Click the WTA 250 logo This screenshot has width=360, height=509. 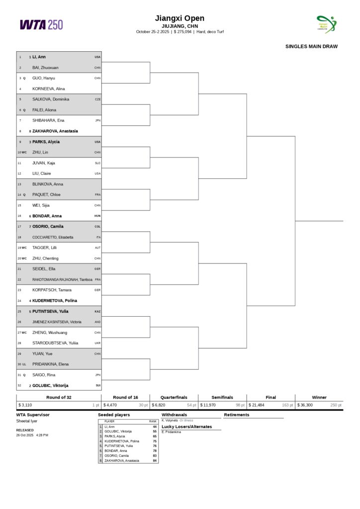(41, 24)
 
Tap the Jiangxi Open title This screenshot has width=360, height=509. (180, 18)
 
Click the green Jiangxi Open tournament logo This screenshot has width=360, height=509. (326, 24)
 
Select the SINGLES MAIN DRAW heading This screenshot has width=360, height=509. (311, 47)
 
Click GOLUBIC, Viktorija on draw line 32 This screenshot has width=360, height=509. (50, 385)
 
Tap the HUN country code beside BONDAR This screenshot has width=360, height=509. (97, 216)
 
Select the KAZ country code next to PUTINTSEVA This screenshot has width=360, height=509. (97, 312)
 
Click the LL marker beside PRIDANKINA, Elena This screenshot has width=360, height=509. (24, 364)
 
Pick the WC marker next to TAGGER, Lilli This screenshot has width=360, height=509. (24, 248)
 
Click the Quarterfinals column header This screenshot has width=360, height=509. (174, 397)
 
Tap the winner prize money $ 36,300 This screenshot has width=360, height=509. (305, 405)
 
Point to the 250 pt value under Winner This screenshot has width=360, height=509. (336, 405)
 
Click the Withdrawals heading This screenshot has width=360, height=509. (174, 415)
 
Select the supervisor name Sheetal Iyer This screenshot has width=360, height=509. (26, 421)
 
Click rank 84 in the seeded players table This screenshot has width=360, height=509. (155, 461)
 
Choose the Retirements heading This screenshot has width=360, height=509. (237, 415)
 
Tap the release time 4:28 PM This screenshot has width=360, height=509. (42, 435)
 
